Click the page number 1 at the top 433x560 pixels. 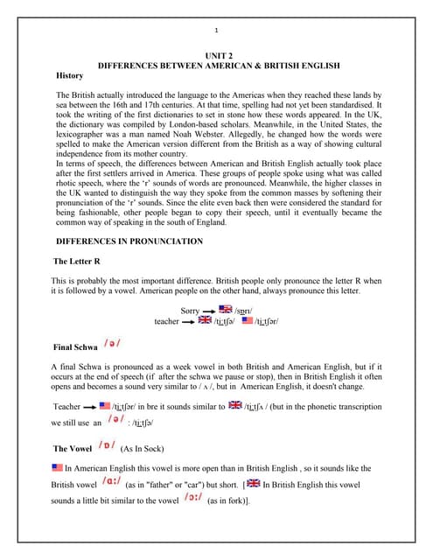pyautogui.click(x=216, y=32)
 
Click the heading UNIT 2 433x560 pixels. pyautogui.click(x=217, y=56)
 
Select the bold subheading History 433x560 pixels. pyautogui.click(x=70, y=76)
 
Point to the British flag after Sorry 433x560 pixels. pyautogui.click(x=226, y=310)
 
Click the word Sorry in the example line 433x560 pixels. pyautogui.click(x=190, y=311)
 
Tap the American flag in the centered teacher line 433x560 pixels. pyautogui.click(x=248, y=321)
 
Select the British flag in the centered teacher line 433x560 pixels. pyautogui.click(x=206, y=321)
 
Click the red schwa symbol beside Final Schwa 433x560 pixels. pyautogui.click(x=112, y=344)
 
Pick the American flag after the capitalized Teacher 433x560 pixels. pyautogui.click(x=105, y=405)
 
